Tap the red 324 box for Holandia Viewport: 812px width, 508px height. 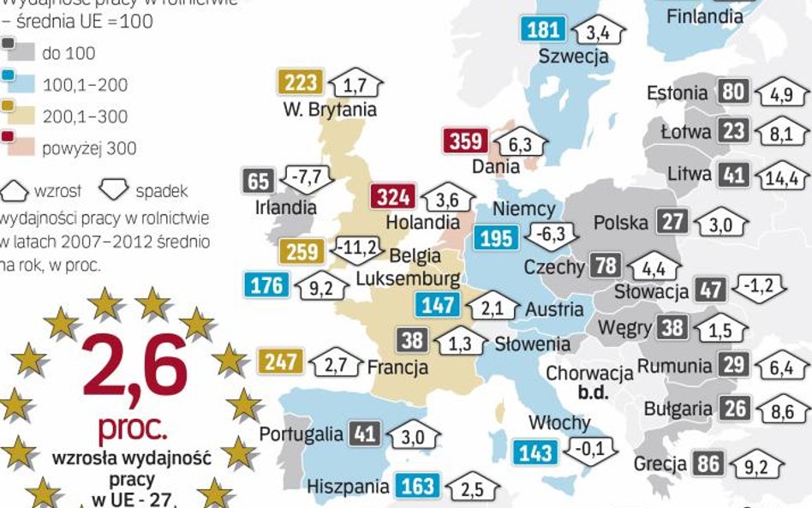[394, 197]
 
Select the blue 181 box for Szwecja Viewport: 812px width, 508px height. [543, 31]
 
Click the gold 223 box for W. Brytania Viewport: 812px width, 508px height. [301, 83]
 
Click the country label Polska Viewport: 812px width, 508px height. [621, 224]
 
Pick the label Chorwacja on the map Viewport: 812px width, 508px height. [589, 374]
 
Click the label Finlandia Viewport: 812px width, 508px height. [705, 16]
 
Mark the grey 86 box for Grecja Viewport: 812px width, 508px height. [708, 465]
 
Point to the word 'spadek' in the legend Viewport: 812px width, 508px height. [160, 190]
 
